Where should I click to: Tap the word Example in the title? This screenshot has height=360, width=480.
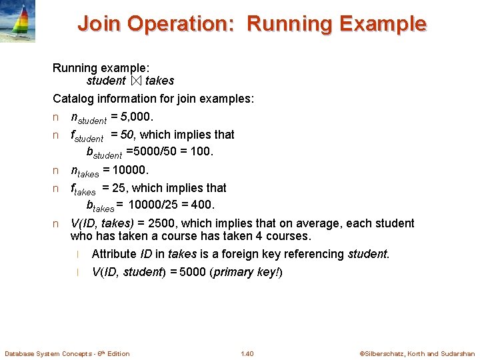(x=383, y=24)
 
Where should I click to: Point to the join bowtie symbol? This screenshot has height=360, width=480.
(x=136, y=81)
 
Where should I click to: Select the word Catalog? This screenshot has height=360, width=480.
(x=73, y=99)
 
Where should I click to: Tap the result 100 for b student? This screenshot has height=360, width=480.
(x=201, y=151)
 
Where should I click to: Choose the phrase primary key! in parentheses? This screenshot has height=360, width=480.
(x=247, y=272)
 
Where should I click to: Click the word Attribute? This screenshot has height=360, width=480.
(x=113, y=254)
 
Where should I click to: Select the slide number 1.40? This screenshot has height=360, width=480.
(x=247, y=353)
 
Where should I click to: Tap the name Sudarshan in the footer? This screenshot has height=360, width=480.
(x=457, y=353)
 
